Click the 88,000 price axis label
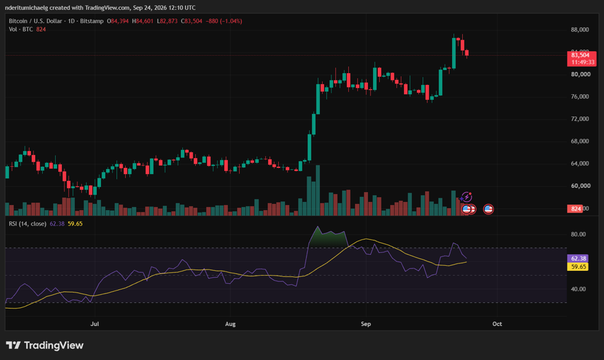pyautogui.click(x=580, y=30)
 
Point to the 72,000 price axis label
pyautogui.click(x=580, y=119)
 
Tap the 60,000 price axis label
pyautogui.click(x=580, y=186)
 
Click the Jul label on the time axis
pyautogui.click(x=94, y=324)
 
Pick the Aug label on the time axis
pyautogui.click(x=230, y=324)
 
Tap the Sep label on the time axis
pyautogui.click(x=366, y=324)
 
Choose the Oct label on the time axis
pyautogui.click(x=497, y=324)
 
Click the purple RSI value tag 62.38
pyautogui.click(x=578, y=258)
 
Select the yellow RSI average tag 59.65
pyautogui.click(x=578, y=266)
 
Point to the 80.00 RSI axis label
pyautogui.click(x=578, y=234)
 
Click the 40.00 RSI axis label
pyautogui.click(x=578, y=289)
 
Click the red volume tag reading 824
pyautogui.click(x=576, y=209)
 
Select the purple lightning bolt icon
pyautogui.click(x=466, y=197)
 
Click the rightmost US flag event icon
pyautogui.click(x=488, y=209)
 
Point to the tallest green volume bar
pyautogui.click(x=318, y=190)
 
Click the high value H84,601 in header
pyautogui.click(x=142, y=21)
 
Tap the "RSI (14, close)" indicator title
pyautogui.click(x=28, y=224)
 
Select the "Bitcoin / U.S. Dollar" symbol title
pyautogui.click(x=35, y=21)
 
